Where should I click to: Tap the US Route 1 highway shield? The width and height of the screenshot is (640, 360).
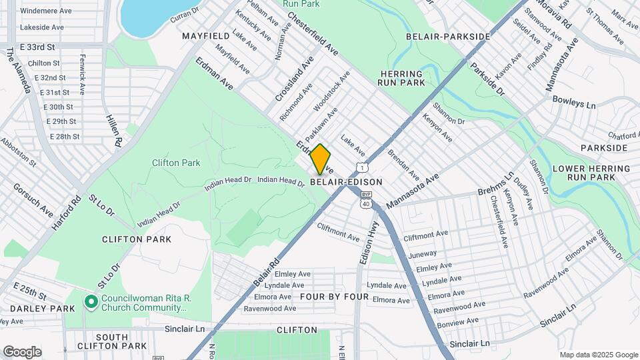pyautogui.click(x=361, y=167)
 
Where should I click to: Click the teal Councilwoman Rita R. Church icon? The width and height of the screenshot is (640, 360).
pyautogui.click(x=91, y=302)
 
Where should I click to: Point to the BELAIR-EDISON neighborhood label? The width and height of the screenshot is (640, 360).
pyautogui.click(x=346, y=182)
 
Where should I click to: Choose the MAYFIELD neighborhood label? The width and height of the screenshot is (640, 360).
pyautogui.click(x=205, y=35)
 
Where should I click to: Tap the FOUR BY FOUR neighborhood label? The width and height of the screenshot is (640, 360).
pyautogui.click(x=335, y=296)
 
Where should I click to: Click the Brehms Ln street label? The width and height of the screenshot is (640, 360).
pyautogui.click(x=496, y=184)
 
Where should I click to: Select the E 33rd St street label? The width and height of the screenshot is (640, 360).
pyautogui.click(x=37, y=48)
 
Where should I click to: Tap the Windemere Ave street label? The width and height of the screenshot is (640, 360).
pyautogui.click(x=46, y=11)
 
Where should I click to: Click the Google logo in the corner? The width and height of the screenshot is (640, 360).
pyautogui.click(x=22, y=351)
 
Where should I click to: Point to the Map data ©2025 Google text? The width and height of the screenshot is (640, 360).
pyautogui.click(x=598, y=355)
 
